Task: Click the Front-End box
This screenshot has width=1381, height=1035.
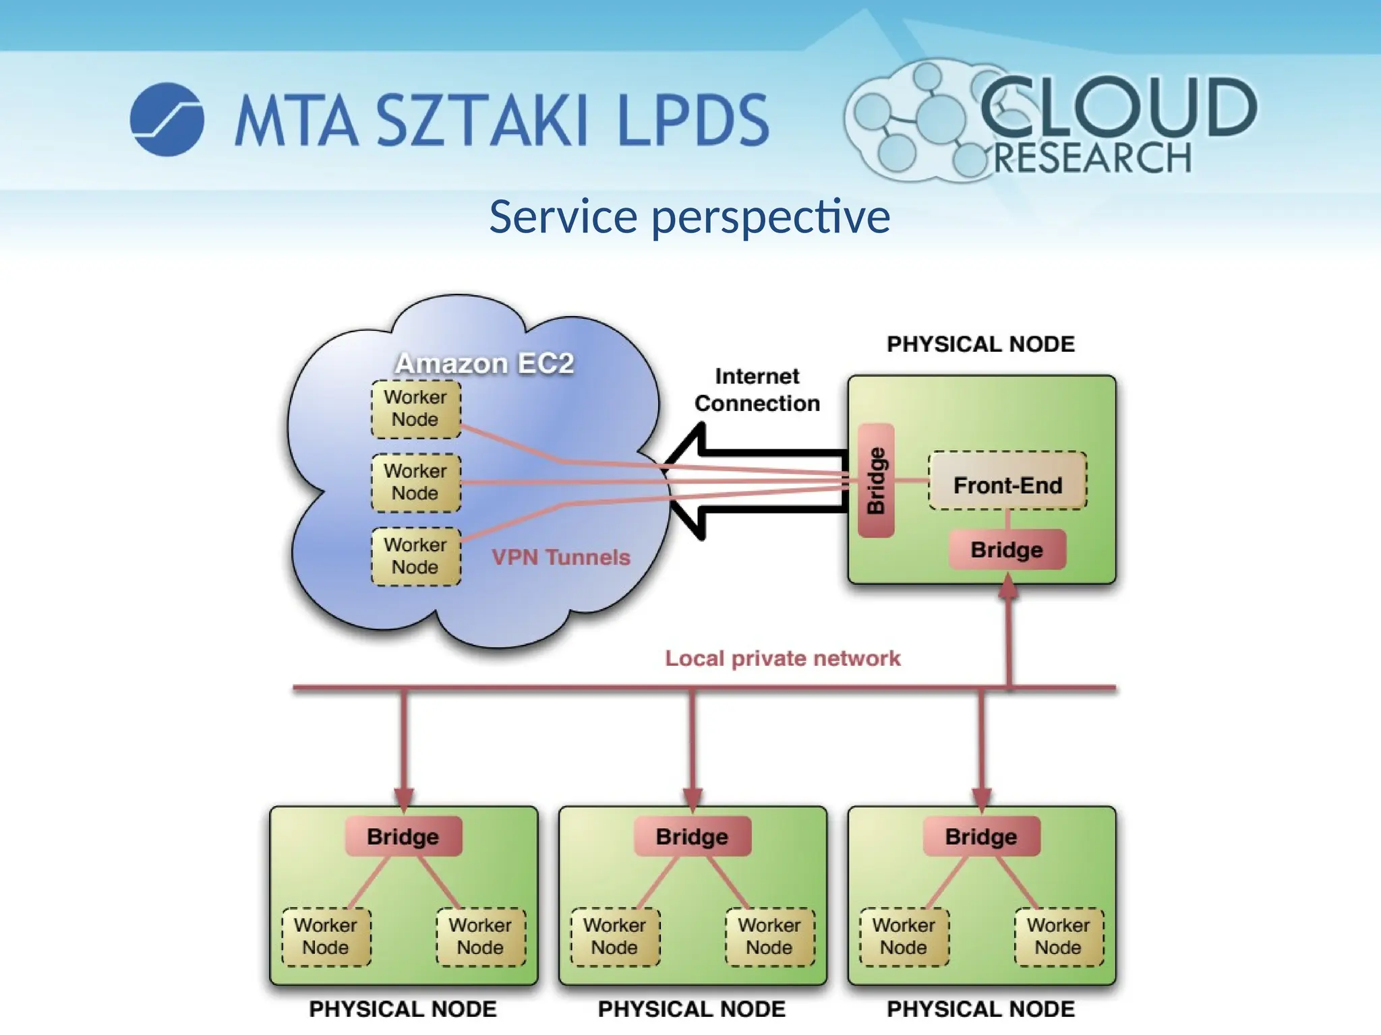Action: point(1007,481)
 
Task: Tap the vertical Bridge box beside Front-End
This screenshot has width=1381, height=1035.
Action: point(876,480)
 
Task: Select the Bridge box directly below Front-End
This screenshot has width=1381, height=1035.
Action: point(1007,550)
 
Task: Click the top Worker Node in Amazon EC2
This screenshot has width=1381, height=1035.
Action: point(415,409)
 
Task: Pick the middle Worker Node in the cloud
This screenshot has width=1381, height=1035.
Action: point(415,482)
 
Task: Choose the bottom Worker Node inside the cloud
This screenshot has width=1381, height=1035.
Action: point(415,556)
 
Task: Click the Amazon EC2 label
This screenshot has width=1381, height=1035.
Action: point(484,364)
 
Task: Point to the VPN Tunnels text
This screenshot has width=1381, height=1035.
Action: point(560,557)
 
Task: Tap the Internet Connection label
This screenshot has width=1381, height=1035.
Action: point(757,390)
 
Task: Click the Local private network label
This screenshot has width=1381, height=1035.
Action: point(782,658)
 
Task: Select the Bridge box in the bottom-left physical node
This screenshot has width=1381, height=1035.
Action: point(403,836)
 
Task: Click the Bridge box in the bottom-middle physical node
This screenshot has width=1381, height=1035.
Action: point(692,836)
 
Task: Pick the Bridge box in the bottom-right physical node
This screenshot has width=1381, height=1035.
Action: point(981,836)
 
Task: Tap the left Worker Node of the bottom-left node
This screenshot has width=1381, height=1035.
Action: point(326,937)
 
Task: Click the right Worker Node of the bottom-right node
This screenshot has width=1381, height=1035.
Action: point(1059,937)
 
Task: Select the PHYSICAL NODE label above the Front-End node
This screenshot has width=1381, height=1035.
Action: point(980,344)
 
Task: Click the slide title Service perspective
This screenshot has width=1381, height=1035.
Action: point(689,217)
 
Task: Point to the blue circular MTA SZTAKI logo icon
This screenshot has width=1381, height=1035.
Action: point(167,119)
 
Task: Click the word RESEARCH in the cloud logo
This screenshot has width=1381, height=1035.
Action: point(1092,158)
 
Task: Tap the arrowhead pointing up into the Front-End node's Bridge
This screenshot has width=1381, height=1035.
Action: point(1008,586)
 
